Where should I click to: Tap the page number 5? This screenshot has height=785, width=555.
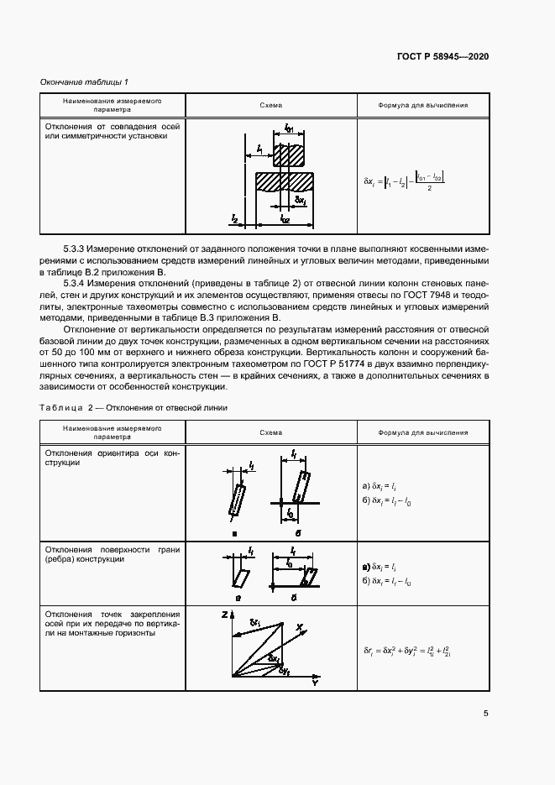[x=486, y=714]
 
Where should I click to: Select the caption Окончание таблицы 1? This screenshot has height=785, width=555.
[x=84, y=81]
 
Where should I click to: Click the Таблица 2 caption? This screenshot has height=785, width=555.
[x=133, y=407]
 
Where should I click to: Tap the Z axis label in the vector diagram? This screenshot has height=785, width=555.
[x=224, y=615]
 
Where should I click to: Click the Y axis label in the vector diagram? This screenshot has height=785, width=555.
[x=314, y=684]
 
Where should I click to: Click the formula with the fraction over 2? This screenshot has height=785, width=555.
[x=404, y=181]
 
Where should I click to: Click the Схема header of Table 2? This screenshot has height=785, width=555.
[x=271, y=432]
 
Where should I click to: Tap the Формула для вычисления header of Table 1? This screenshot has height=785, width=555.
[x=423, y=106]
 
